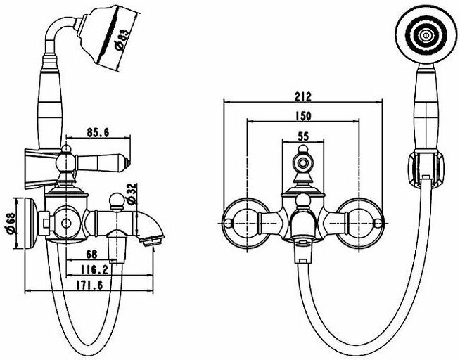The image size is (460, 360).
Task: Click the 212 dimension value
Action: click(x=304, y=96)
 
